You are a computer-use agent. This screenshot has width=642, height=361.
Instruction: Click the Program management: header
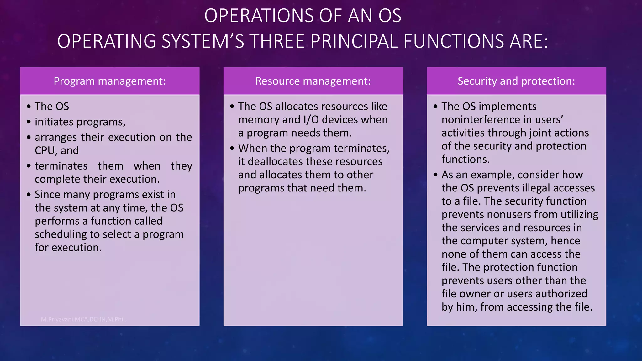tap(110, 81)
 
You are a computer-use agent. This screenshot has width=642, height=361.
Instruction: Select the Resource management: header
tap(313, 81)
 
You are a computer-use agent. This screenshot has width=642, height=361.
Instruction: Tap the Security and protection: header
tap(516, 81)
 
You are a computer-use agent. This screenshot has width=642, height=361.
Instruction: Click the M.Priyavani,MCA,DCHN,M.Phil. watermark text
tap(83, 319)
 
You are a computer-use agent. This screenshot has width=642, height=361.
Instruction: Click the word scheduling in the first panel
tap(61, 234)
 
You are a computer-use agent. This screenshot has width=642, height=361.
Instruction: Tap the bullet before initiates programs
tap(29, 122)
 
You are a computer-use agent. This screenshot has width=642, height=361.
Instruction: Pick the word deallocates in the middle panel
tap(275, 161)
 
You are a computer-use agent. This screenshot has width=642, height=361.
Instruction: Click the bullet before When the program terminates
tap(232, 148)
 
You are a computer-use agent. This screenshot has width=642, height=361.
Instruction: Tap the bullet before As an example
tap(435, 175)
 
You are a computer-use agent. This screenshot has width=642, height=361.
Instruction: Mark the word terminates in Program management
tap(61, 166)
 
